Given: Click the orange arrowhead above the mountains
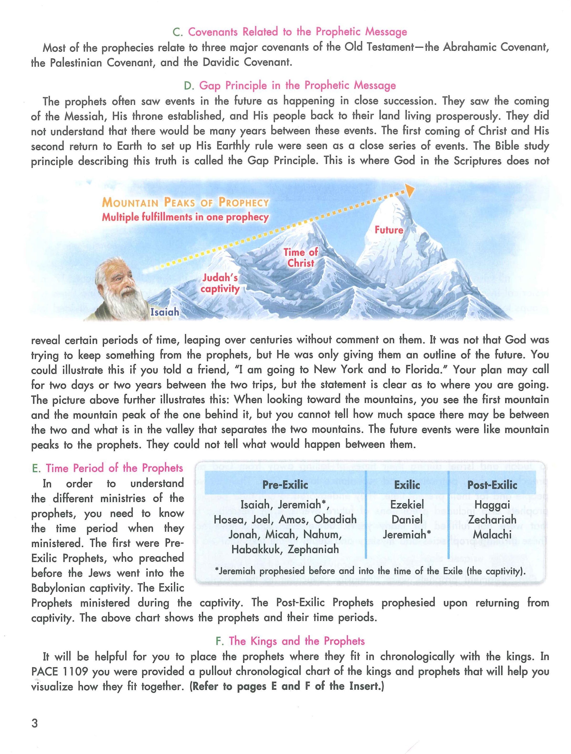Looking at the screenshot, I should pos(410,191).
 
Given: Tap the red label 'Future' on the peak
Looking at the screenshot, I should pos(389,230).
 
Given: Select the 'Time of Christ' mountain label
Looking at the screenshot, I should pos(301,257).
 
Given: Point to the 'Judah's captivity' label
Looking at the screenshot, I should pos(220,283).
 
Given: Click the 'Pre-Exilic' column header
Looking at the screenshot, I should pos(285,485).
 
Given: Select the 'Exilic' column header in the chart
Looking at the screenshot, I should pos(407,485).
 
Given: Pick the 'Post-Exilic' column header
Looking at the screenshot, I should pos(492,485).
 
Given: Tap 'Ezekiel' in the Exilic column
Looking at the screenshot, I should pos(407,504).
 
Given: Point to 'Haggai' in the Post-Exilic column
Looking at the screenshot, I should pos(492,504).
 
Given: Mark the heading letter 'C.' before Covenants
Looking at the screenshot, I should pos(178,32).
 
